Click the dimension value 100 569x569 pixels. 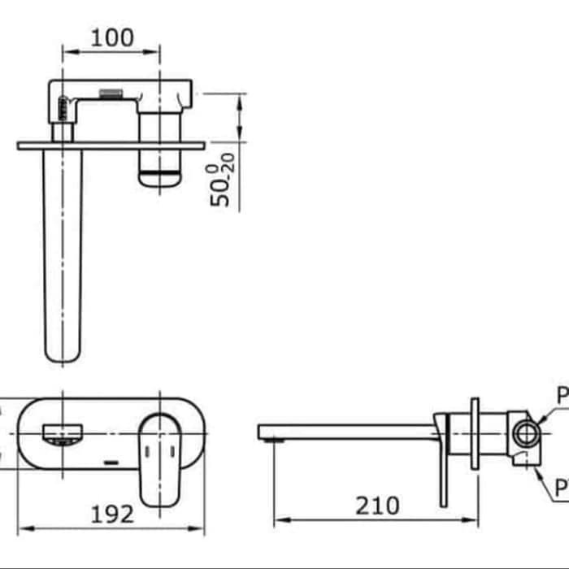112,37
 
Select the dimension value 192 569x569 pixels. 111,513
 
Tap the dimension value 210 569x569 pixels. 376,506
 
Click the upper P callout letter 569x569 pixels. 562,397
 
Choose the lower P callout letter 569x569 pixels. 562,488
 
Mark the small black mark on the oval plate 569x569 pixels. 112,463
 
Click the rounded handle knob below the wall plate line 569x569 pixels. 160,173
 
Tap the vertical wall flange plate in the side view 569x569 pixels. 475,432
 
